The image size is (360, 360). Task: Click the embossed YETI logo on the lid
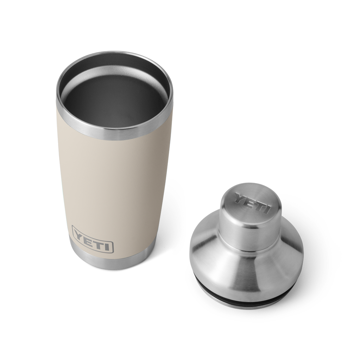(252, 204)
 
